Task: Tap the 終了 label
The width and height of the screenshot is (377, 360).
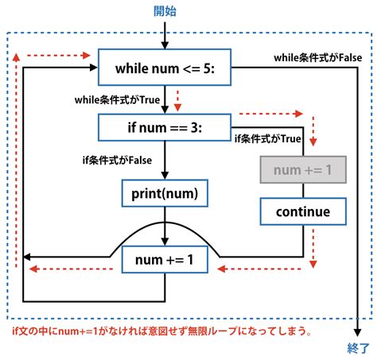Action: pyautogui.click(x=359, y=348)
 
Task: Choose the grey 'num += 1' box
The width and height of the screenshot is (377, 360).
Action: pyautogui.click(x=303, y=168)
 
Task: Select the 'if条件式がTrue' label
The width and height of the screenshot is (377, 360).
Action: pyautogui.click(x=266, y=138)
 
